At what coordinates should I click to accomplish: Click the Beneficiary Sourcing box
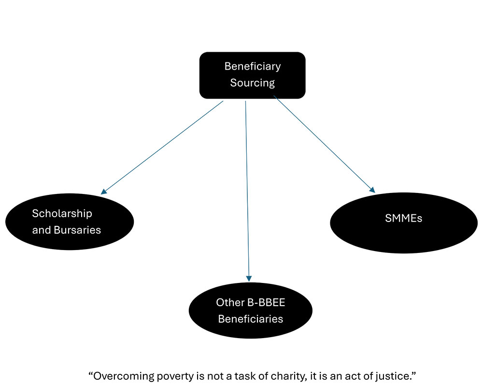[x=252, y=75]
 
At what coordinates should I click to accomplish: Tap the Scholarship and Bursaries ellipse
[x=70, y=221]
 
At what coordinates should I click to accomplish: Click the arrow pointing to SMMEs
[x=324, y=143]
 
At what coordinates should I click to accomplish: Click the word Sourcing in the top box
[x=252, y=83]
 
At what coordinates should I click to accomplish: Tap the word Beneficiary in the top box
[x=252, y=66]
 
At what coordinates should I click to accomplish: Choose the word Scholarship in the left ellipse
[x=62, y=213]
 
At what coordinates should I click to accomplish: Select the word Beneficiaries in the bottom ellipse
[x=250, y=319]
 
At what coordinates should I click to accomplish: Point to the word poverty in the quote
[x=170, y=375]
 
